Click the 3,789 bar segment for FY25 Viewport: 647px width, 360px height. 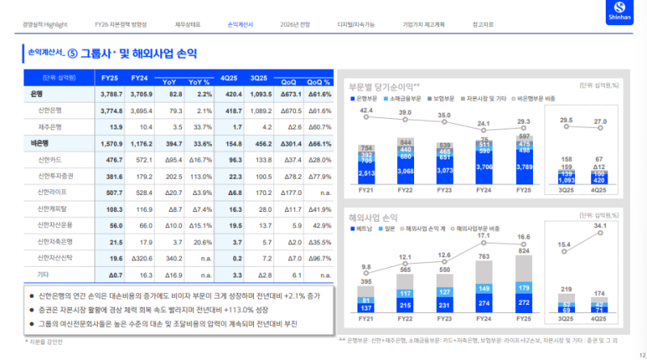pos(523,167)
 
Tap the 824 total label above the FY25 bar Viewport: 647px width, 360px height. pos(523,252)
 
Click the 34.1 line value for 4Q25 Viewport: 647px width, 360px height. pos(600,227)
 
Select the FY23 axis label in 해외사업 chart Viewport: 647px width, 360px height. pos(445,319)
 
